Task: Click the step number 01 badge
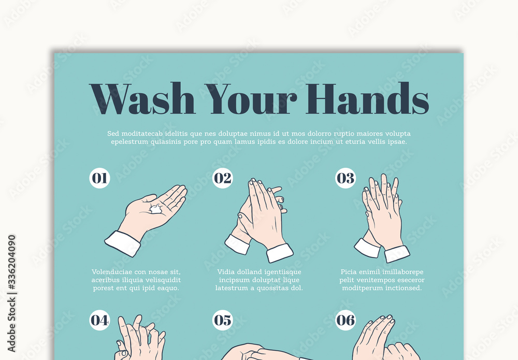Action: [99, 178]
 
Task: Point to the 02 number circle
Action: [223, 178]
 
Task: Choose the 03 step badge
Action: [346, 178]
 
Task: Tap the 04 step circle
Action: [99, 320]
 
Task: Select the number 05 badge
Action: [223, 320]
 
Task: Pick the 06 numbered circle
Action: [346, 320]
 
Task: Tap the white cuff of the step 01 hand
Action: [123, 243]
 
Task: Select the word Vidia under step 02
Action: [227, 272]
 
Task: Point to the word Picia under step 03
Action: [350, 272]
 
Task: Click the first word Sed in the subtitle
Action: [113, 134]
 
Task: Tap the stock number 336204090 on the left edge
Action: [12, 270]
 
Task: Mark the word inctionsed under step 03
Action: [403, 288]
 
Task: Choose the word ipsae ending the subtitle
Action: [397, 142]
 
